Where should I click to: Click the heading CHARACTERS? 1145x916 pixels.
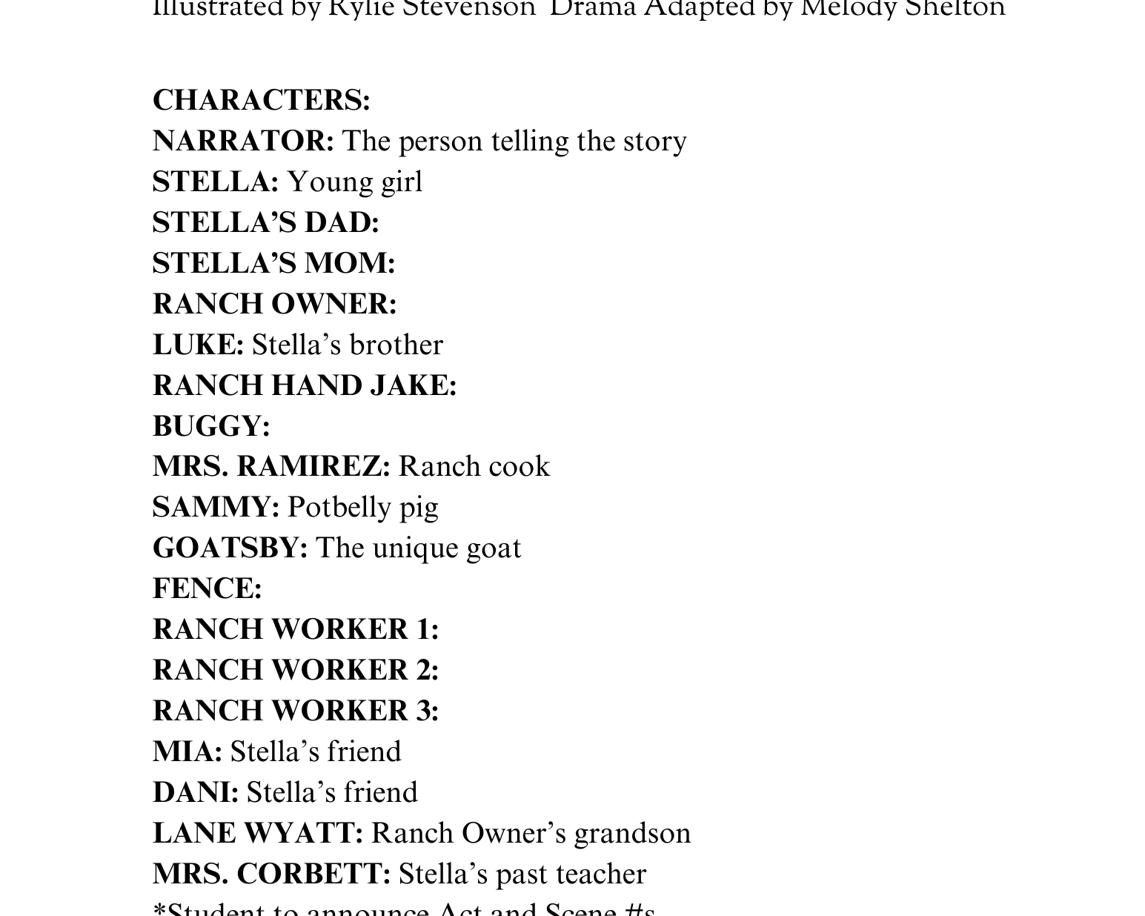(x=261, y=101)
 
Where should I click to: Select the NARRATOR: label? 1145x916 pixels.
(x=243, y=142)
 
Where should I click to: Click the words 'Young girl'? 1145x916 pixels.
(x=354, y=182)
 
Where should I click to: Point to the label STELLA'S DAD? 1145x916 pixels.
(x=265, y=223)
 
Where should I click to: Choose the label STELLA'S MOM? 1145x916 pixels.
(x=273, y=264)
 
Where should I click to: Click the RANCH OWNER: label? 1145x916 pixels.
(x=274, y=305)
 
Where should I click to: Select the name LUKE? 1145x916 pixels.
(x=198, y=345)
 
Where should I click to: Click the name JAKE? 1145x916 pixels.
(x=412, y=386)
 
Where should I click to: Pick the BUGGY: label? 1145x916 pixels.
(x=211, y=427)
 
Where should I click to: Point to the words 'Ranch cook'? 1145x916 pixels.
(x=474, y=467)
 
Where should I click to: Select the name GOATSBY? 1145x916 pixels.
(x=230, y=548)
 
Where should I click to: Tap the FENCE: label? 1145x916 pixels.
(x=207, y=589)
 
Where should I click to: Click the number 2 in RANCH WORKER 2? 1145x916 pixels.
(x=424, y=671)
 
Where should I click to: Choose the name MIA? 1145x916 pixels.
(x=187, y=752)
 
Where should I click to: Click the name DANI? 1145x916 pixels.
(x=196, y=793)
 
